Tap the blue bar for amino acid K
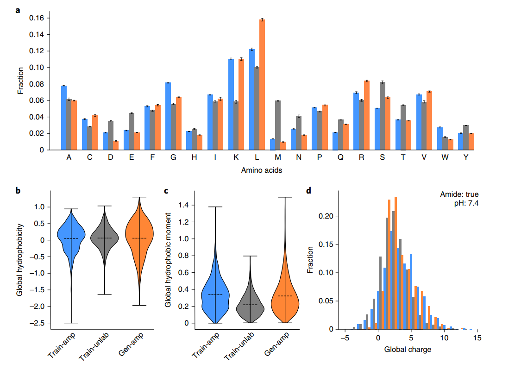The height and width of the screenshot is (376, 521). point(231,104)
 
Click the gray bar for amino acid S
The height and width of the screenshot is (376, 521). point(383,116)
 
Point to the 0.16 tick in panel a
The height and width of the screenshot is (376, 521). point(36,18)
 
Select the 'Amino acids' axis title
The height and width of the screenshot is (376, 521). point(262,170)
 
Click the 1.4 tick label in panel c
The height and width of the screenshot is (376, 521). point(183,205)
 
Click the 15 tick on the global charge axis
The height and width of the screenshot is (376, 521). point(477,338)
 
